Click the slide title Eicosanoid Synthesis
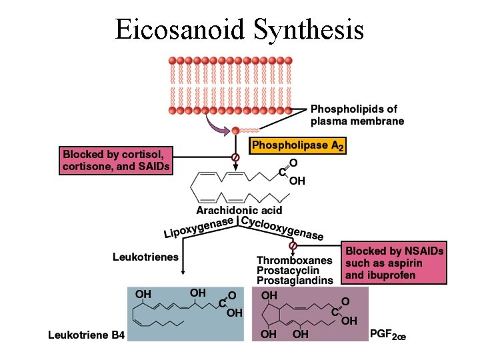[239, 29]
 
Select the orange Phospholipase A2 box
[297, 145]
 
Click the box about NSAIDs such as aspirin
[394, 263]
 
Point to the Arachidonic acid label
[239, 210]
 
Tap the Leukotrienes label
[145, 256]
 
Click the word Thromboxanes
[293, 261]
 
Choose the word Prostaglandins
[294, 281]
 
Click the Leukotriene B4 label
[86, 335]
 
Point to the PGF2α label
[387, 333]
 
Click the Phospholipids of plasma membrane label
[357, 115]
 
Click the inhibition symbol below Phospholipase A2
[235, 157]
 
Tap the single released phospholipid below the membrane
[235, 131]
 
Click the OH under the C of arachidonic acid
[297, 181]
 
